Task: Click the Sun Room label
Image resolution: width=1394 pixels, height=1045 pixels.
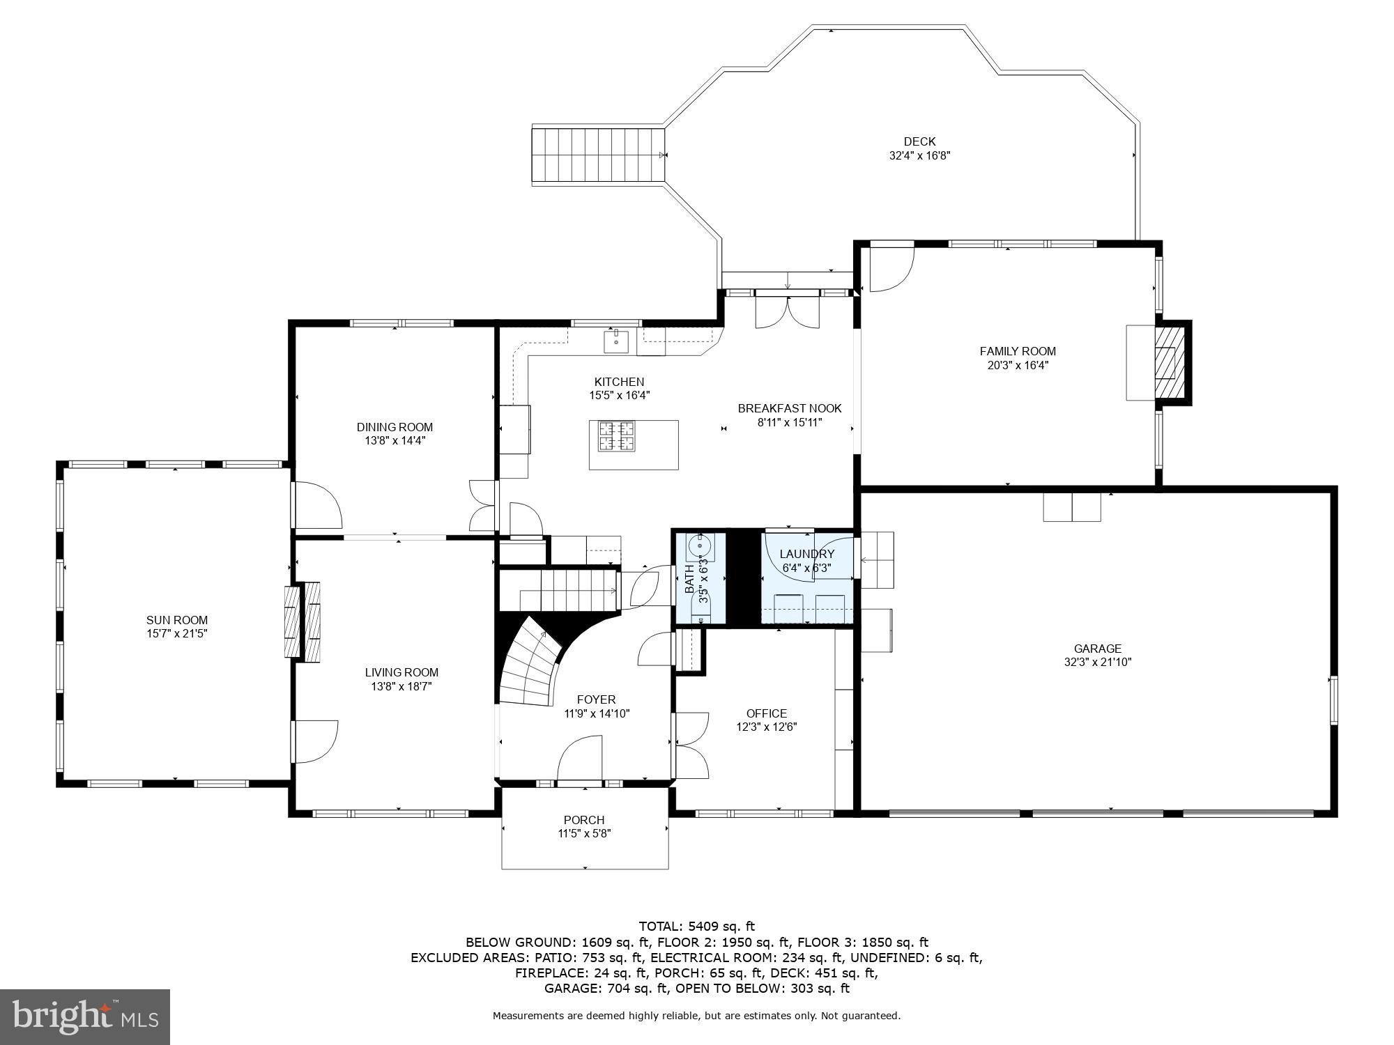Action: click(177, 620)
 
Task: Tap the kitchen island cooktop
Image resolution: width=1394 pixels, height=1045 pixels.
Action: click(617, 437)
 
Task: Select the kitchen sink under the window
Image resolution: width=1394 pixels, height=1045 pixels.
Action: click(616, 342)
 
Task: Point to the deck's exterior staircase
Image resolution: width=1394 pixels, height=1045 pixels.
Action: click(597, 155)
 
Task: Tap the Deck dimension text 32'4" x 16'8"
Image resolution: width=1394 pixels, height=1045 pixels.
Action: click(919, 156)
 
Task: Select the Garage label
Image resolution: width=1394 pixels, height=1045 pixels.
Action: click(1097, 649)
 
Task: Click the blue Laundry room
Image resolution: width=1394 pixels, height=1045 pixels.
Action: click(806, 578)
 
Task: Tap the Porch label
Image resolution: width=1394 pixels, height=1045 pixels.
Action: click(584, 820)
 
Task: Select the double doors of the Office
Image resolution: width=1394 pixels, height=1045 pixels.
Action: click(691, 745)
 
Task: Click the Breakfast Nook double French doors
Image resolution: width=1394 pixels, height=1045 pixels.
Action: click(788, 312)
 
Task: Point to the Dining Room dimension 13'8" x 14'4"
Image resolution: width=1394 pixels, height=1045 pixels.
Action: click(395, 440)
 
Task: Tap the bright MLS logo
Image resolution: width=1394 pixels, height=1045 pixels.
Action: click(85, 1017)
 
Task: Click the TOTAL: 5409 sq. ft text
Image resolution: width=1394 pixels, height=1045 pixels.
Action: click(696, 927)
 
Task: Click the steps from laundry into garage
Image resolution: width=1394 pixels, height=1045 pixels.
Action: click(878, 559)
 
